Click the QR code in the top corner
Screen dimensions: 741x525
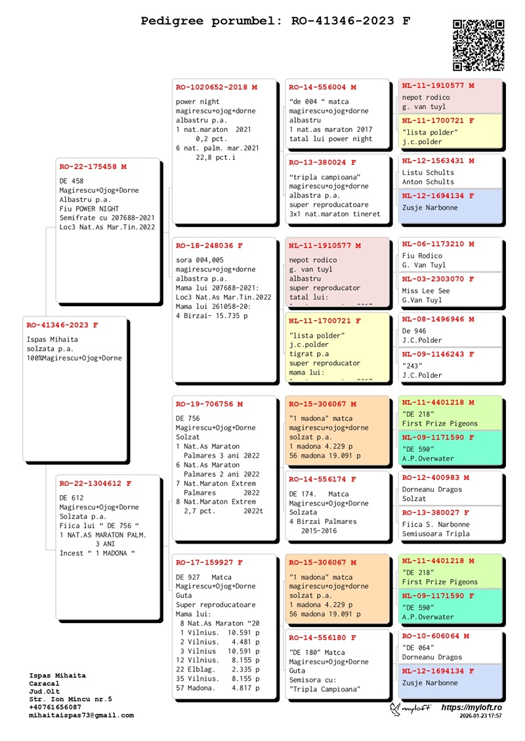click(x=479, y=45)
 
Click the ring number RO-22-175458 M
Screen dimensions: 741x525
click(x=93, y=167)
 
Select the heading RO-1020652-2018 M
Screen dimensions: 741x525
click(x=217, y=87)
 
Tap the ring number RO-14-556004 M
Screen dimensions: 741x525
click(x=323, y=87)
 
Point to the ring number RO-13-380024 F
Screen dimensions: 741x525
click(x=323, y=163)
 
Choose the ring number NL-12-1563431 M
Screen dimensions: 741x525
click(x=438, y=161)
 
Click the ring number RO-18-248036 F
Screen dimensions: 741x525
click(x=209, y=246)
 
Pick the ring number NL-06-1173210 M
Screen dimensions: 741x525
click(x=438, y=244)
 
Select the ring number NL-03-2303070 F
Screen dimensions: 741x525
click(x=438, y=279)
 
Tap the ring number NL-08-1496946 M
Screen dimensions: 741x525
click(x=438, y=319)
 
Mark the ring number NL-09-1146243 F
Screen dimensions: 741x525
click(x=438, y=355)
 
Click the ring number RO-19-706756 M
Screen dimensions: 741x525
click(x=209, y=405)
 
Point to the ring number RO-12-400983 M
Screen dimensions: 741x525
click(x=436, y=478)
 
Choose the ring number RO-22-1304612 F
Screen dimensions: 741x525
click(x=95, y=484)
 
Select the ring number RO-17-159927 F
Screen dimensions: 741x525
click(x=209, y=563)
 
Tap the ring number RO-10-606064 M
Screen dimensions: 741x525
click(x=436, y=636)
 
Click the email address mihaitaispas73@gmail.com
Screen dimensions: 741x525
click(x=81, y=715)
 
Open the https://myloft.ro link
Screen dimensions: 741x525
click(x=471, y=708)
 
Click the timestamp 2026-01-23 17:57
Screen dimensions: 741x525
click(x=480, y=717)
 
